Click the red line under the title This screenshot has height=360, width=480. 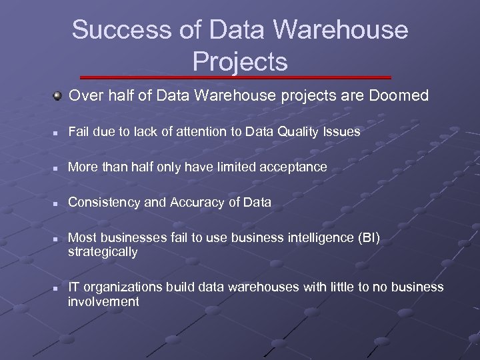[x=240, y=78]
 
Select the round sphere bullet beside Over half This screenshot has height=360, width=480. [x=59, y=97]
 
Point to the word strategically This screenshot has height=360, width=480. [x=103, y=252]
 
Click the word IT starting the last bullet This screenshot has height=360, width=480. [x=74, y=287]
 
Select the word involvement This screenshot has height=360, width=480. [x=103, y=301]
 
